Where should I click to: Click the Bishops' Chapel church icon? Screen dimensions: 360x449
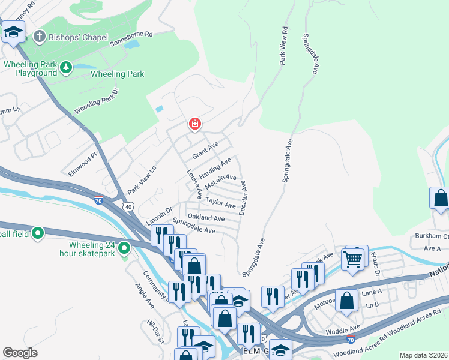(x=40, y=36)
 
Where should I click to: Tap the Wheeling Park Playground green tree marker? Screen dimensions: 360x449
(x=65, y=67)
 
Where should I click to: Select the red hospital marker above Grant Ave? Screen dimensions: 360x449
(x=194, y=124)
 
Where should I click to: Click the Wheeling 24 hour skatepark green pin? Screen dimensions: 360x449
(x=125, y=247)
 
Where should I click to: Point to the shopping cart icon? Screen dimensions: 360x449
(x=352, y=259)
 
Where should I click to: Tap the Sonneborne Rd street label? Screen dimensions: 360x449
(x=131, y=41)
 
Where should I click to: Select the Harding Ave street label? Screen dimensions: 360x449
(x=215, y=168)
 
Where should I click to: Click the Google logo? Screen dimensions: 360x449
(x=20, y=353)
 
